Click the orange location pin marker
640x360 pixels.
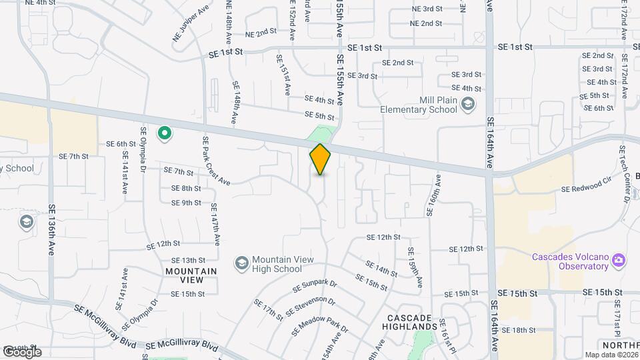tap(320, 159)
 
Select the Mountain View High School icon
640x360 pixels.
tap(241, 263)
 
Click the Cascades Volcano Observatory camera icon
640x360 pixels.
tap(618, 259)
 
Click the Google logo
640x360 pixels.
tap(21, 351)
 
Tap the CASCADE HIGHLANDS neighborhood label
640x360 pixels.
tap(409, 322)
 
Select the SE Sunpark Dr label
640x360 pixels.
tap(315, 287)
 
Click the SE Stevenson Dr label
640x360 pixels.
tap(311, 307)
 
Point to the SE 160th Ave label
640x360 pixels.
tap(433, 195)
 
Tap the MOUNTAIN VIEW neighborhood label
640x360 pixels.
tap(191, 275)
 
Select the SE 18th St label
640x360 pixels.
tap(519, 330)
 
